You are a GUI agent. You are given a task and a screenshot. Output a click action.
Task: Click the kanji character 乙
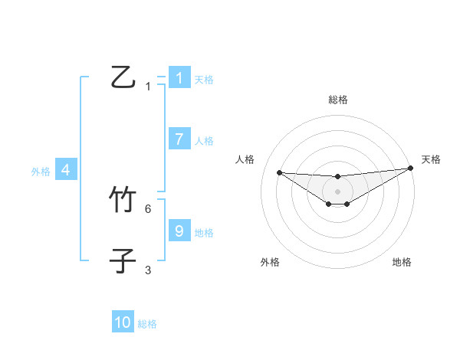[x=123, y=77]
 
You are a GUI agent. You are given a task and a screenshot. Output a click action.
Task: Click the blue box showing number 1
[x=179, y=77]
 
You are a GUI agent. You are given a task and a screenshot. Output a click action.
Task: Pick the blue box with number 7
[x=179, y=139]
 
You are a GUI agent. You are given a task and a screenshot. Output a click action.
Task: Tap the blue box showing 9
[x=179, y=231]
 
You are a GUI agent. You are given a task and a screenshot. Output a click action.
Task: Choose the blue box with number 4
[x=66, y=170]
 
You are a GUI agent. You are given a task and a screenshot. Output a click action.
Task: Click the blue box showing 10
[x=123, y=322]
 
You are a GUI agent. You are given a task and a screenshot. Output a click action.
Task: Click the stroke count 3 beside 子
[x=148, y=270]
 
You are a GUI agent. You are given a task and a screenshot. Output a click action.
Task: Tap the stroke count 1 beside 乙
[x=148, y=87]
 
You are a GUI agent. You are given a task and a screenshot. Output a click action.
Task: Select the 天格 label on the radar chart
[x=431, y=159]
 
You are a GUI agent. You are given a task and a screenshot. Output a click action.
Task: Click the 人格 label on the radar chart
[x=245, y=159]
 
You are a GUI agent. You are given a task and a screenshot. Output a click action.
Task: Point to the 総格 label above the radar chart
[x=337, y=100]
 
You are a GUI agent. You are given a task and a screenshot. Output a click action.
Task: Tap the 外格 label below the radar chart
[x=269, y=262]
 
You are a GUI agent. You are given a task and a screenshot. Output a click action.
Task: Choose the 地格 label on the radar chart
[x=402, y=262]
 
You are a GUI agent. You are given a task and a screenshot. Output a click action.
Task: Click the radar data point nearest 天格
[x=411, y=169]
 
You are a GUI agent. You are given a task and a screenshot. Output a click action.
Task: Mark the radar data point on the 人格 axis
[x=279, y=172]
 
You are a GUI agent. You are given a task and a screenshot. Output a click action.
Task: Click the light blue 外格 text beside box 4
[x=41, y=172]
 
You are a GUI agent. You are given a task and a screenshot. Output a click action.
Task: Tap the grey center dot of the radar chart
[x=337, y=191]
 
